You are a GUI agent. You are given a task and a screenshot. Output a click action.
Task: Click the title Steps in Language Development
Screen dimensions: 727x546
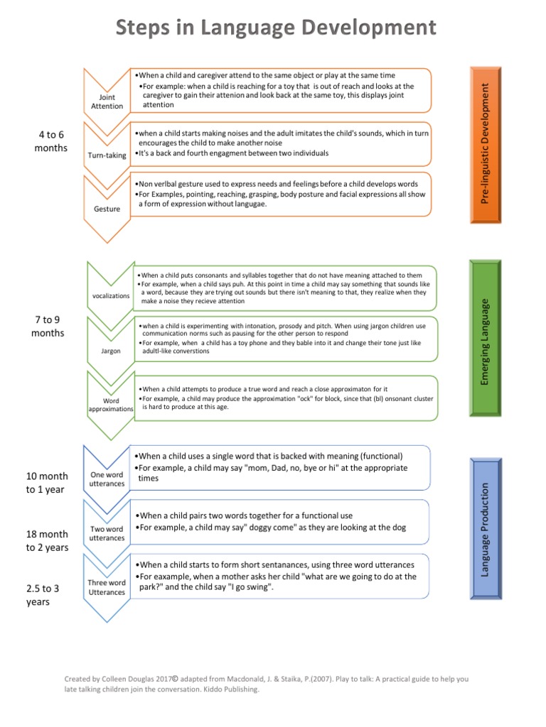276,28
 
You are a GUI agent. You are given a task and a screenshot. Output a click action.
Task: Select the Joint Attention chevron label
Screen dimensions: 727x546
107,102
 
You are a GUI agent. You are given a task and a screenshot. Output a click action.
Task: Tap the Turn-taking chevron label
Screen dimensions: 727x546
107,155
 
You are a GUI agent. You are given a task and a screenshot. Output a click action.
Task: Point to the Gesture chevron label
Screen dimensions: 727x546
107,209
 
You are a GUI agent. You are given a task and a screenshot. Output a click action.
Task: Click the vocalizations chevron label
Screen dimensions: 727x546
111,295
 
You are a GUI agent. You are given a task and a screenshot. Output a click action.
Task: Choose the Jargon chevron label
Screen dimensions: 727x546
111,351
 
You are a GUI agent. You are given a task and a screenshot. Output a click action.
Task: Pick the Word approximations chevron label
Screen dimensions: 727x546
111,405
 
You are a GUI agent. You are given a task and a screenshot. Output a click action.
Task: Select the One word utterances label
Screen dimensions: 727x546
107,479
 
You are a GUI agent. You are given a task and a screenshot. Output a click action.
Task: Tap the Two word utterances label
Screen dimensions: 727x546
107,533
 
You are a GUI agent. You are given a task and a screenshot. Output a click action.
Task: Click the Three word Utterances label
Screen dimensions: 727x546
107,587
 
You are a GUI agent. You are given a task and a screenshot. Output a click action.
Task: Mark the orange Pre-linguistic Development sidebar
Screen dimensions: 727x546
486,144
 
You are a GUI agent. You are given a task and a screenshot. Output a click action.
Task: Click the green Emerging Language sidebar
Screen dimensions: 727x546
486,342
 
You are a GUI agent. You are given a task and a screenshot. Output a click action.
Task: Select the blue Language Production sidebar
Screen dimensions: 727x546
486,529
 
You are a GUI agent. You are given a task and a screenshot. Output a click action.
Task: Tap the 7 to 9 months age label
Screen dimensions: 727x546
48,327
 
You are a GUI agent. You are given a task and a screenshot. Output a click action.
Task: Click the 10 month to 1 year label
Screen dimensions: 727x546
48,482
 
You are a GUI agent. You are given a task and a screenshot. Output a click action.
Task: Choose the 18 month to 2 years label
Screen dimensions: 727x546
48,540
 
